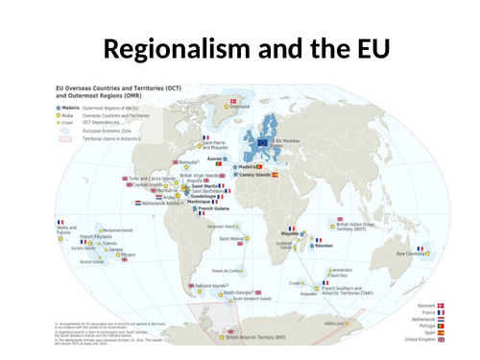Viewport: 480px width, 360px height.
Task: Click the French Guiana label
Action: [216, 206]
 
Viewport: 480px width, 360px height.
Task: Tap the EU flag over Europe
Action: [263, 141]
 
